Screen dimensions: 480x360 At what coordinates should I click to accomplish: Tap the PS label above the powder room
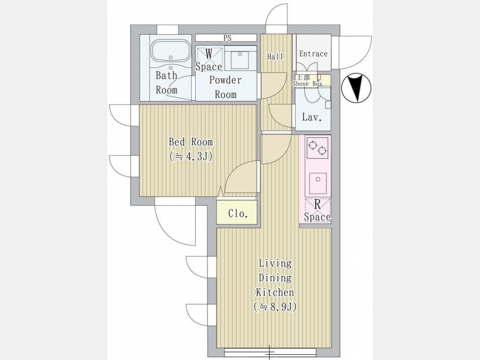point(227,38)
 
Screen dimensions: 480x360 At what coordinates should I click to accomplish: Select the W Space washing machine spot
point(209,59)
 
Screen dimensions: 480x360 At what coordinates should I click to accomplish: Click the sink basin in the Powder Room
point(240,60)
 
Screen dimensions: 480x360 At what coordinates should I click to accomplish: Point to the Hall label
point(275,57)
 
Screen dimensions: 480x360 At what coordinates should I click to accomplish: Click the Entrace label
point(313,54)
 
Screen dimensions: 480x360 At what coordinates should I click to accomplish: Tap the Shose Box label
point(307,84)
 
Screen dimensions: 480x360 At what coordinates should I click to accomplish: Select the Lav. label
point(312,117)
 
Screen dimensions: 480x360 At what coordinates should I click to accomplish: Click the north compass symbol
point(356,88)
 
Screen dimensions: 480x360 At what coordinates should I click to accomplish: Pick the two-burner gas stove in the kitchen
point(318,148)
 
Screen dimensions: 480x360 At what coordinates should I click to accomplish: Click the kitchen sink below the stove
point(318,183)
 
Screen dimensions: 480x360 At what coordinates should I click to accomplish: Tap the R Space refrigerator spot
point(317,211)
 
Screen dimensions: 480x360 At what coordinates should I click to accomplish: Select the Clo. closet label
point(238,213)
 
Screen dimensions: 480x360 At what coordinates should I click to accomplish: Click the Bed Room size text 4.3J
point(191,156)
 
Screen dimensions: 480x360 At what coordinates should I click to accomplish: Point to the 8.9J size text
point(275,307)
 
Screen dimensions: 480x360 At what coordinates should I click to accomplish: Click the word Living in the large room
point(275,263)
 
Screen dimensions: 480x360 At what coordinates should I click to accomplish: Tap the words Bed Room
point(191,142)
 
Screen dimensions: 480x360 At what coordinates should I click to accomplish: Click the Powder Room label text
point(226,87)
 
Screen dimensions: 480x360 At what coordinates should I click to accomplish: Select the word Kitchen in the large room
point(275,292)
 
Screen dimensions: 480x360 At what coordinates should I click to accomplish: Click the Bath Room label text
point(166,83)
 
